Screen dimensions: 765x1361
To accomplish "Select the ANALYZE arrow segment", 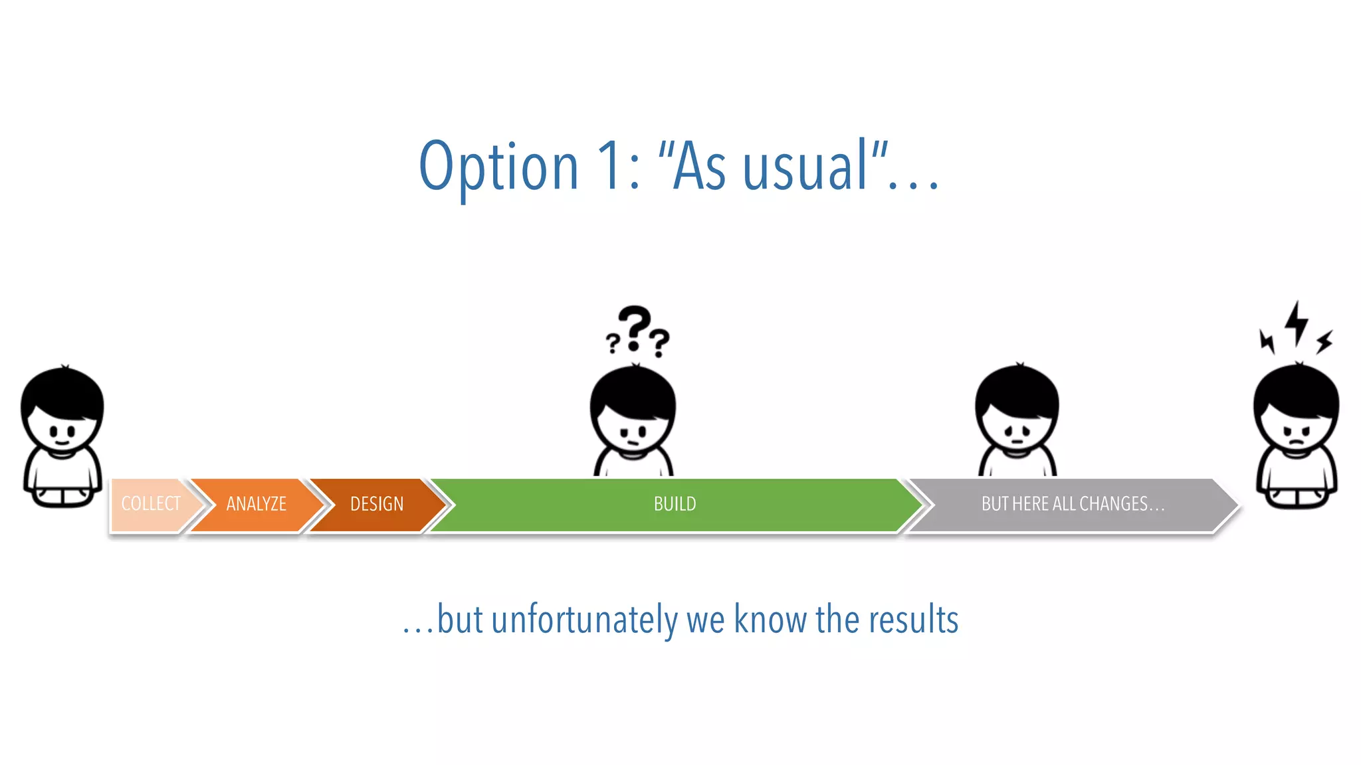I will coord(256,504).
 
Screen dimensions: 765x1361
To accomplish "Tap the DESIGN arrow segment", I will coord(376,504).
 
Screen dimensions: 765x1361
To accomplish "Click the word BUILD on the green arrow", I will coord(675,504).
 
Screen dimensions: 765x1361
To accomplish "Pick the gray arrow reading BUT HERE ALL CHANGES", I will coord(1072,504).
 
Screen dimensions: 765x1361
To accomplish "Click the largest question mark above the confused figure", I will coord(635,325).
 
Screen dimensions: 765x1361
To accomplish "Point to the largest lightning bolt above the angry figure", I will coord(1296,323).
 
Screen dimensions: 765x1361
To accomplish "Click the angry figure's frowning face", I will coord(1296,436).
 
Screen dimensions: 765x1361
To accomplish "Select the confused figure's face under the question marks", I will coord(633,433).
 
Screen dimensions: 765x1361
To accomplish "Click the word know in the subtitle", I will coord(771,620).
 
